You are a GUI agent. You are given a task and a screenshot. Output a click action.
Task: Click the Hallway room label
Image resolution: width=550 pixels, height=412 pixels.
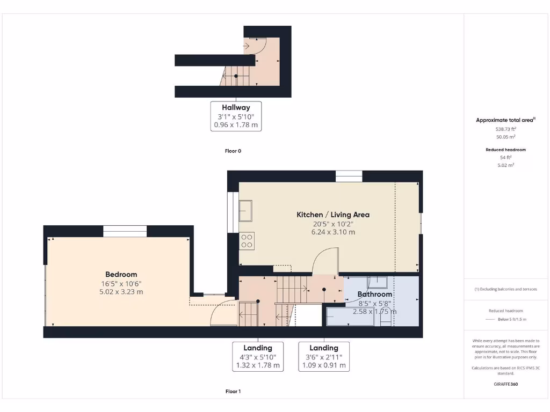pyautogui.click(x=236, y=107)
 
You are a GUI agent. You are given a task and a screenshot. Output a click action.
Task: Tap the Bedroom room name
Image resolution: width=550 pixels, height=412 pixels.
pyautogui.click(x=121, y=274)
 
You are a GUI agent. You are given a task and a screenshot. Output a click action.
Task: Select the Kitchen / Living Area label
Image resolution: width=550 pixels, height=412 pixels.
pyautogui.click(x=333, y=215)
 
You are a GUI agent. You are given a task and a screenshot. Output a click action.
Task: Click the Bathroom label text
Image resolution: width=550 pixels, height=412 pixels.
pyautogui.click(x=375, y=294)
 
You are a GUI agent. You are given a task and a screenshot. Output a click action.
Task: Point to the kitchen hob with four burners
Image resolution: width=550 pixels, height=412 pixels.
pyautogui.click(x=247, y=240)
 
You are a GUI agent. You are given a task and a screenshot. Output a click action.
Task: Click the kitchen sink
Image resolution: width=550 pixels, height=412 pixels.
pyautogui.click(x=246, y=210)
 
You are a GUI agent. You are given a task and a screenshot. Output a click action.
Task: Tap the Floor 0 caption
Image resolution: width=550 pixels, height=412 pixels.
pyautogui.click(x=233, y=151)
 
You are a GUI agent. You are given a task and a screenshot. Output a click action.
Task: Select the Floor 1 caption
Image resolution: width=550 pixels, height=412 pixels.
pyautogui.click(x=233, y=392)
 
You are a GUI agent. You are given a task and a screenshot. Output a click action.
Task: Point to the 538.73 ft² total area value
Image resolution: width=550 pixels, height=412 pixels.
pyautogui.click(x=506, y=129)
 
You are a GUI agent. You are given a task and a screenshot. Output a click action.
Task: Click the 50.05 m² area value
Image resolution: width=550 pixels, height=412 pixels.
pyautogui.click(x=506, y=137)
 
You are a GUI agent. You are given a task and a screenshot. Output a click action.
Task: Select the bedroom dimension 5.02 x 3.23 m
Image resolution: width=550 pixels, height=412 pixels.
pyautogui.click(x=121, y=292)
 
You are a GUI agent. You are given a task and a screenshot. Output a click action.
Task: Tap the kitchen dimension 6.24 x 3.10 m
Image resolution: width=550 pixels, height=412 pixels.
pyautogui.click(x=333, y=232)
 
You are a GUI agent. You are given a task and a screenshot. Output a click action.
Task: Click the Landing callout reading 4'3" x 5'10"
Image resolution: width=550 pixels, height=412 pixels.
pyautogui.click(x=258, y=357)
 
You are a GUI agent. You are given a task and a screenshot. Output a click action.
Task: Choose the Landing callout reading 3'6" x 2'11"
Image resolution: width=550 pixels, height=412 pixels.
pyautogui.click(x=324, y=357)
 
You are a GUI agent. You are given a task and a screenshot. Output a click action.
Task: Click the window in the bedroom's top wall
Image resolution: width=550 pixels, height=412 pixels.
pyautogui.click(x=125, y=231)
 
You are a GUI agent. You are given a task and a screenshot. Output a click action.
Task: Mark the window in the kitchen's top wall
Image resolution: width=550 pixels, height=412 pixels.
pyautogui.click(x=349, y=176)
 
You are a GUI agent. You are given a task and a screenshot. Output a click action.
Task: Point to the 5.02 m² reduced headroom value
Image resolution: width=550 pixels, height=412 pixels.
pyautogui.click(x=506, y=165)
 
